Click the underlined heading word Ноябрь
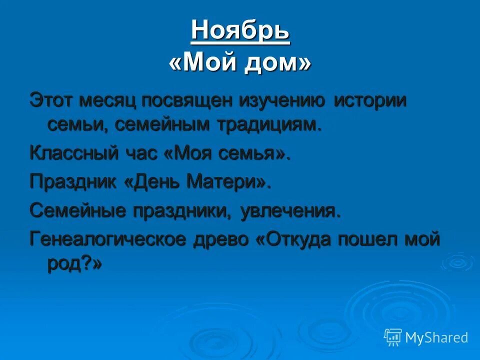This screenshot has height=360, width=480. pos(240,30)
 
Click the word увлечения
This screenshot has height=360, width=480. pos(290,210)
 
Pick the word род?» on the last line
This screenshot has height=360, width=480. pos(74,264)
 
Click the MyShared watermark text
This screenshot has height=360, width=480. pos(436,337)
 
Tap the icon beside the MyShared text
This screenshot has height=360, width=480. pos(393,337)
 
